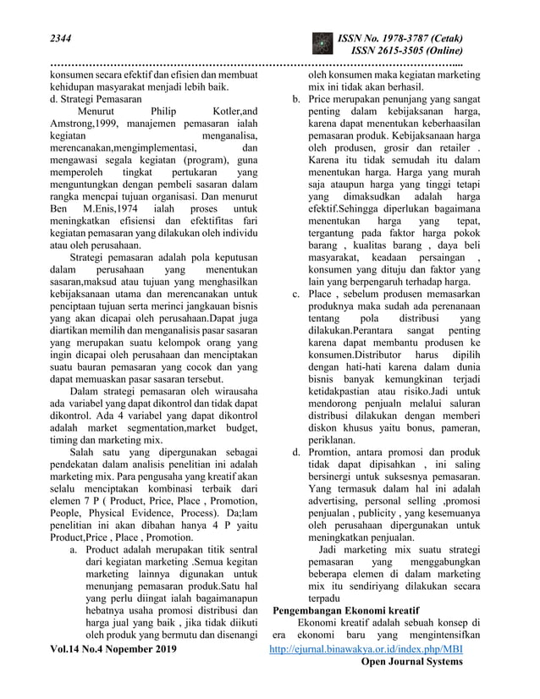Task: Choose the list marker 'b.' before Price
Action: [296, 99]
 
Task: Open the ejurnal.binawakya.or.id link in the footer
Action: [366, 649]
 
